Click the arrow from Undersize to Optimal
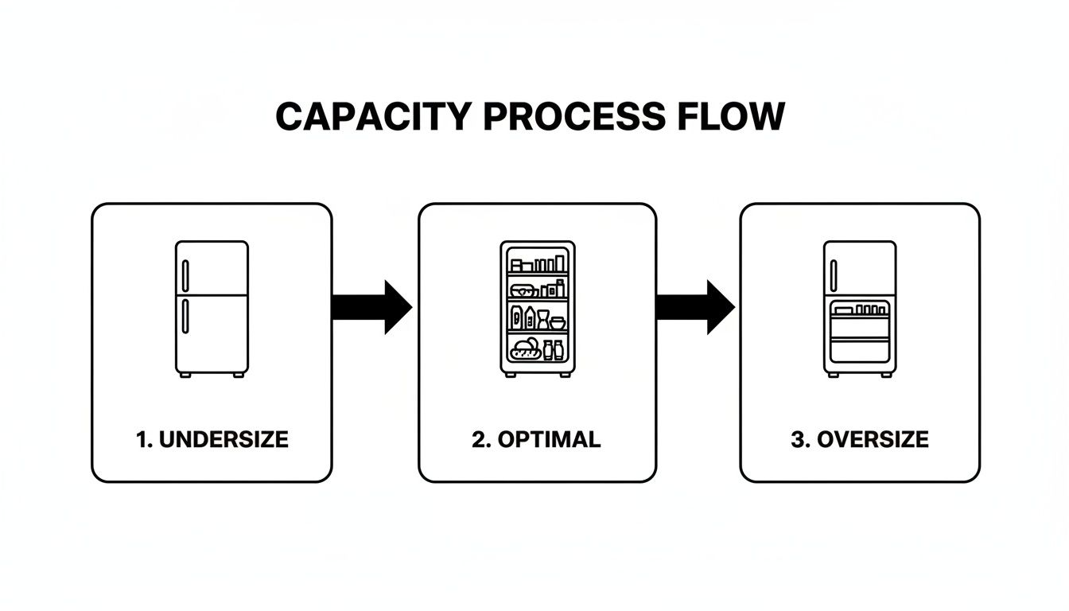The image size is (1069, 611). [371, 307]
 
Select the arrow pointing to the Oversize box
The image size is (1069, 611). [694, 307]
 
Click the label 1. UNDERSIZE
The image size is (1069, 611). [212, 439]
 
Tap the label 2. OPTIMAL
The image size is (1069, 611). [536, 439]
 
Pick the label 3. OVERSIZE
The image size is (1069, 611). [860, 439]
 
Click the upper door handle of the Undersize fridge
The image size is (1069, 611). [185, 275]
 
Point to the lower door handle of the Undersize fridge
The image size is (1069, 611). [185, 316]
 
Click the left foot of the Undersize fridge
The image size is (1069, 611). [185, 375]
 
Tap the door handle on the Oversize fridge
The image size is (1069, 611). [834, 275]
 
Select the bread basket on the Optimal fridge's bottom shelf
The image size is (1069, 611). [525, 347]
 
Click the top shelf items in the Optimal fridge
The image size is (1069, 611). [538, 264]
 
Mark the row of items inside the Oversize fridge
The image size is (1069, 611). [861, 309]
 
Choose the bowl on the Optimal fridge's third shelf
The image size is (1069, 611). [558, 323]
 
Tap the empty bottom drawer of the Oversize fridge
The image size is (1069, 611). [860, 350]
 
